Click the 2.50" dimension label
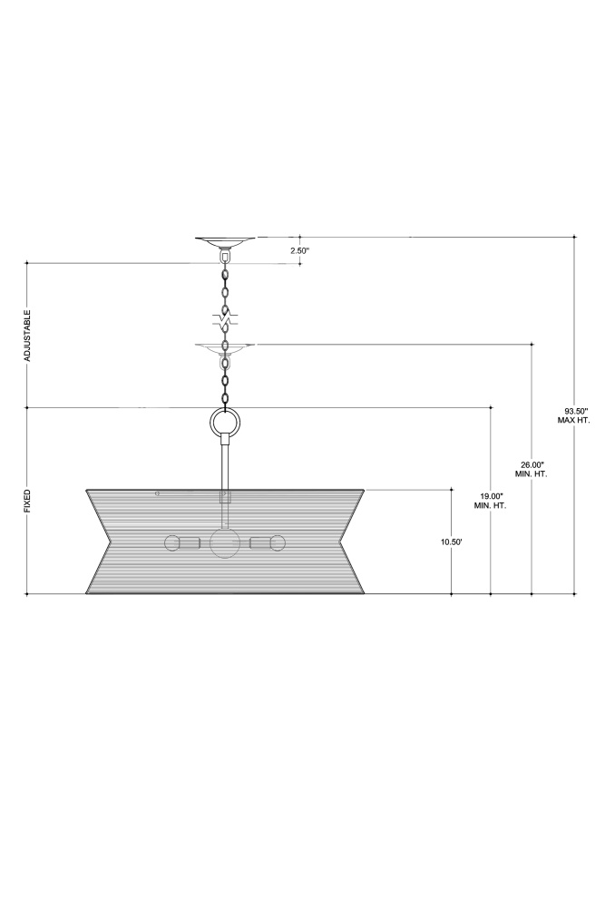click(299, 251)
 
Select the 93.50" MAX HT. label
click(574, 415)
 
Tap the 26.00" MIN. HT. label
click(531, 469)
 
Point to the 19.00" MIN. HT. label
click(490, 501)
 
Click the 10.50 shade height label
click(451, 542)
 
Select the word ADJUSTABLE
click(26, 336)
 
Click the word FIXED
click(26, 501)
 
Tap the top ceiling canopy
click(225, 241)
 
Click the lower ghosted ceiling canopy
click(225, 348)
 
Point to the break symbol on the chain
click(226, 319)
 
